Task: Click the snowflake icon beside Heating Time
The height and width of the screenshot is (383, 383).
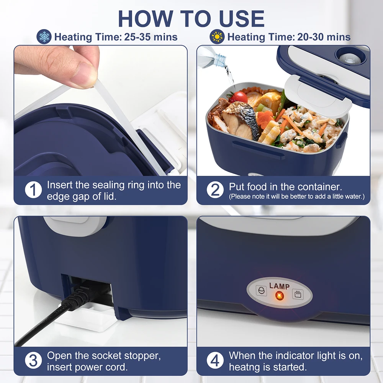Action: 44,37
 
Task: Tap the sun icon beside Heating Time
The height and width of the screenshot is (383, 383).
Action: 218,37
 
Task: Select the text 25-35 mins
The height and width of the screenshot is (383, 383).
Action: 151,37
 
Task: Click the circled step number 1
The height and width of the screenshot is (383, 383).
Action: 33,190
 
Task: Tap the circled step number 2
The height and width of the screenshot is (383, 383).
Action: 215,190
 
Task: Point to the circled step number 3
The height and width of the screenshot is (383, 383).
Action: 33,360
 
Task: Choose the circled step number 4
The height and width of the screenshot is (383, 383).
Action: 215,360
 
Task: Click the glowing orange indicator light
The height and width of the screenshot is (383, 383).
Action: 280,296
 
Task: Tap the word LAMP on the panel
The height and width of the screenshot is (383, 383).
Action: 280,286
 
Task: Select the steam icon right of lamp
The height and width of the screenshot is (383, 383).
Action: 298,294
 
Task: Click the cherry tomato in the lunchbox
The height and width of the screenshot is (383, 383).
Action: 240,97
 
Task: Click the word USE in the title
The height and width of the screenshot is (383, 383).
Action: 237,18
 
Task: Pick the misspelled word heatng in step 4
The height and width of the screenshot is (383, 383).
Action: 244,367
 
